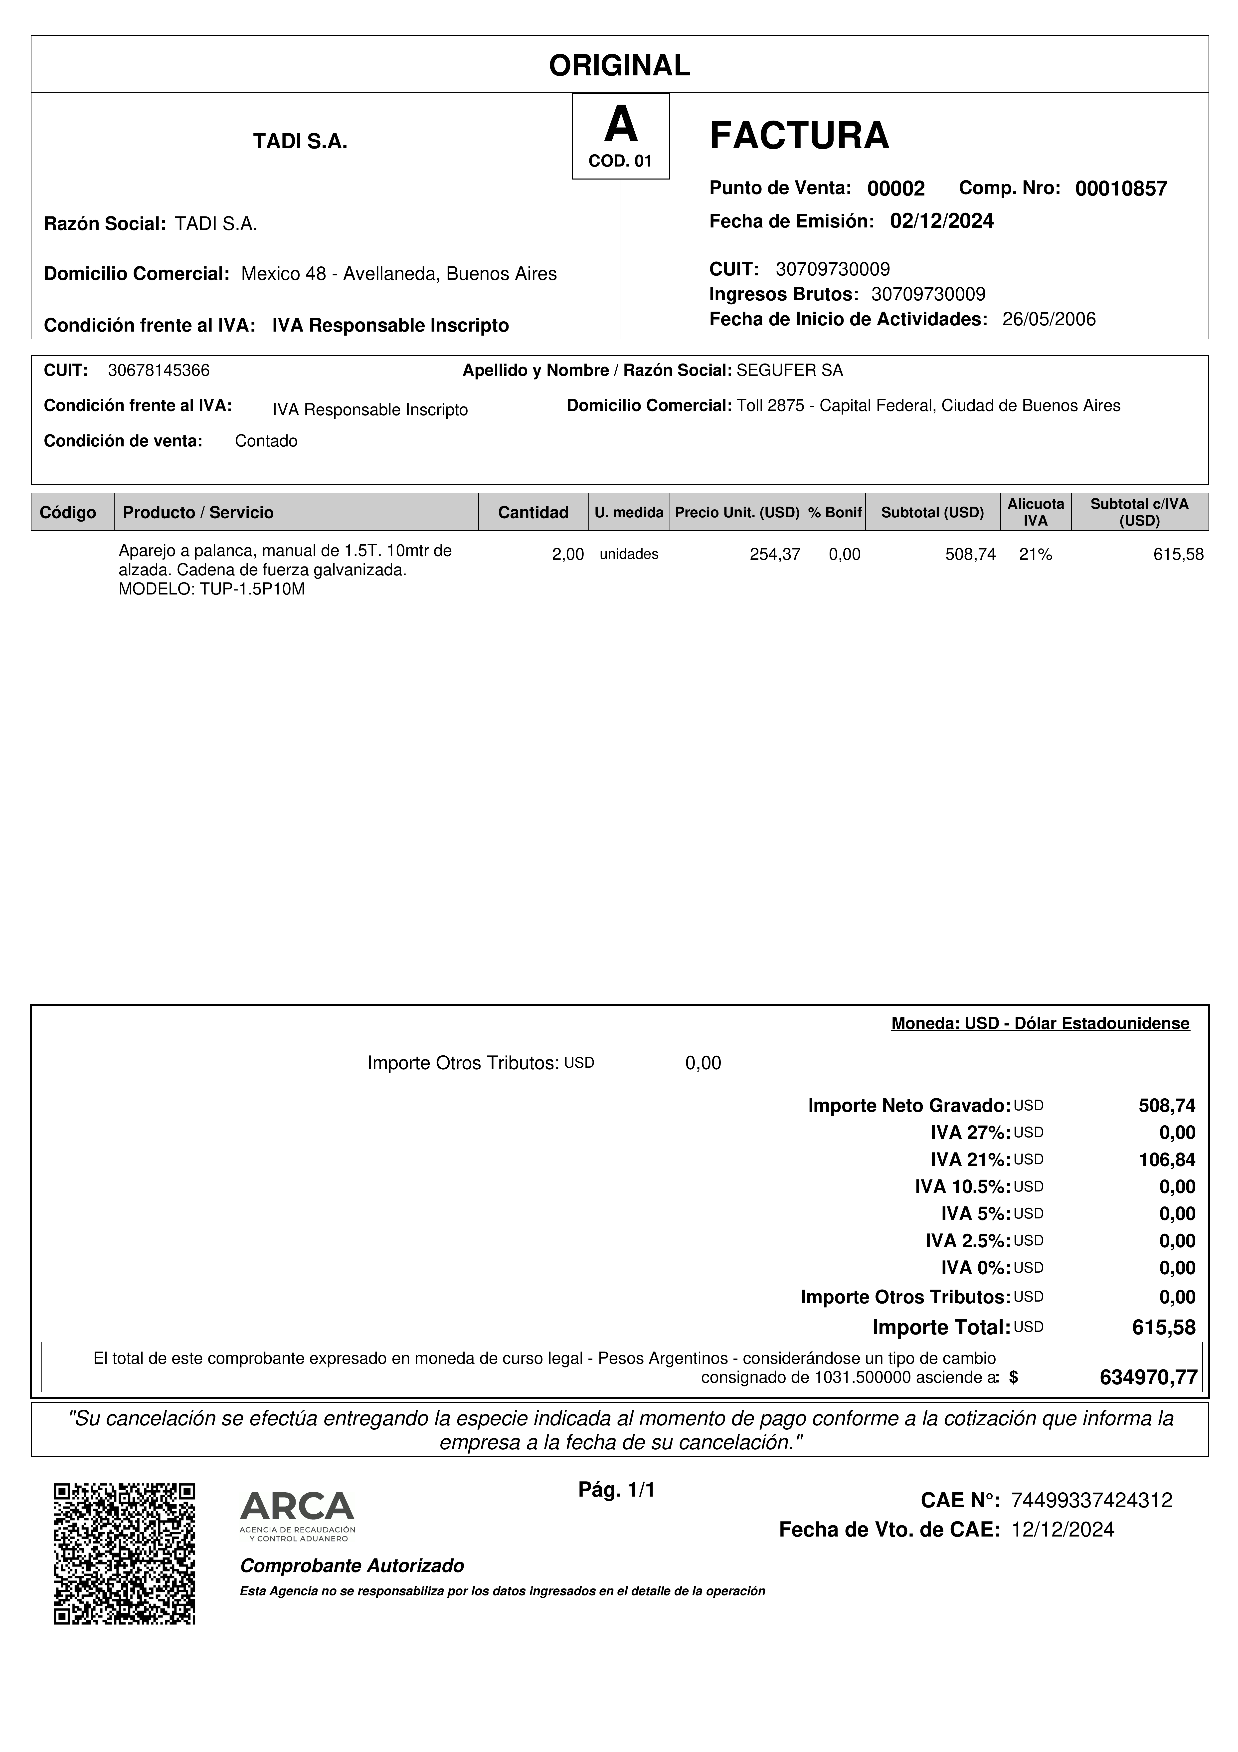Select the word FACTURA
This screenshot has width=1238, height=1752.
[x=799, y=136]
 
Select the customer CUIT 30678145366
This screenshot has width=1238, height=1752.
[x=159, y=371]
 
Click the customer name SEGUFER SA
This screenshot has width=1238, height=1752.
[x=789, y=371]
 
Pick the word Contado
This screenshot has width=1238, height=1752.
[x=266, y=441]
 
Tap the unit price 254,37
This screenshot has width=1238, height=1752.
[x=775, y=555]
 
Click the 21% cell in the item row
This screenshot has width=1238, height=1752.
[x=1035, y=555]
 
